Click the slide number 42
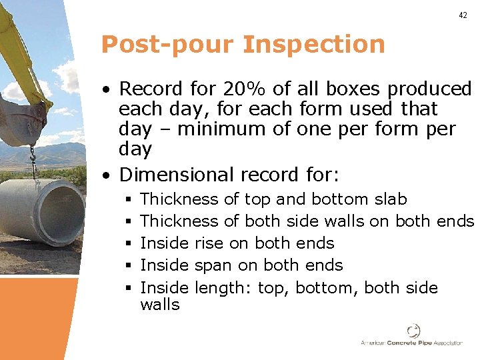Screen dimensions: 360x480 [x=463, y=15]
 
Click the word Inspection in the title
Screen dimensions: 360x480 [x=314, y=44]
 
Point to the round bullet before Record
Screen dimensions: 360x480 [x=107, y=89]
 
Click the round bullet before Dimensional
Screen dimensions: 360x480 [x=107, y=175]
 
